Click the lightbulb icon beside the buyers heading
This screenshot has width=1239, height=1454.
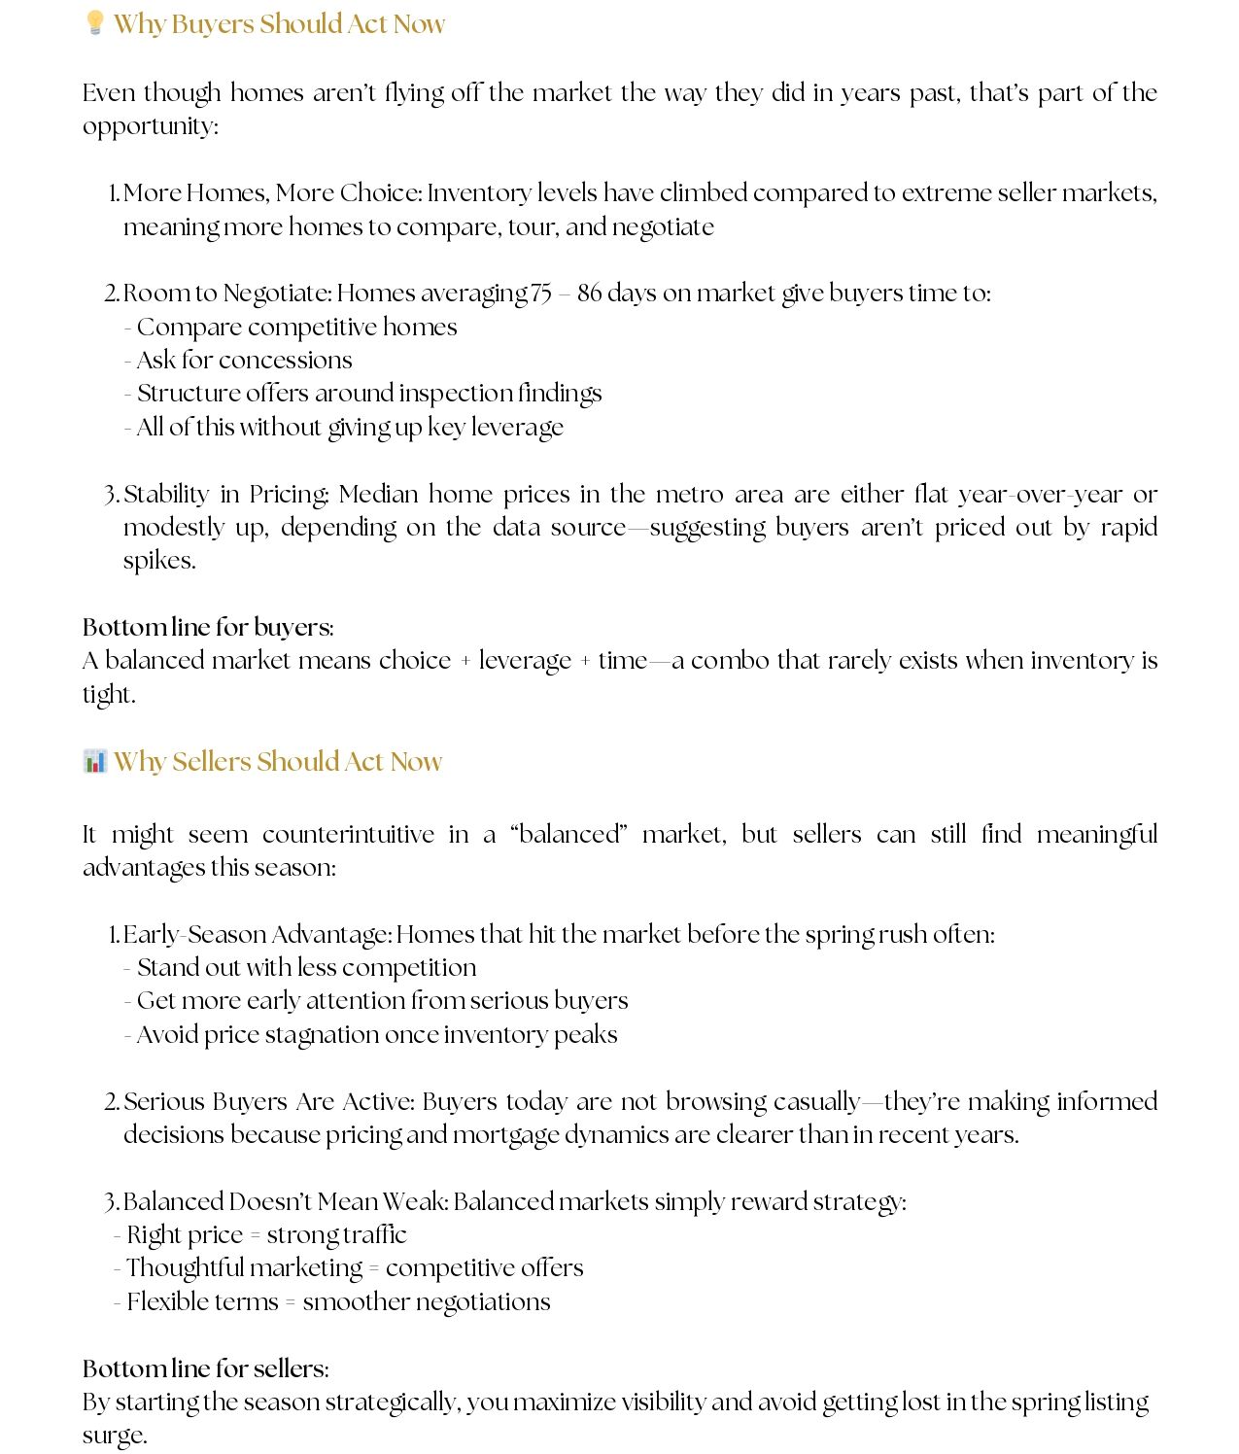(x=94, y=22)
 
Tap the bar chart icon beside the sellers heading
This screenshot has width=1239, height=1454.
(x=94, y=760)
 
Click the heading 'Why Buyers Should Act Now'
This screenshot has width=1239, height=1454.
(x=279, y=23)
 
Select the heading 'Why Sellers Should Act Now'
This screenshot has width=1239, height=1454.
(x=278, y=761)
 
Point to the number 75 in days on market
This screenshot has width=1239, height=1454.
(x=540, y=294)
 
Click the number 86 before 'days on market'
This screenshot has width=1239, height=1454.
(x=590, y=294)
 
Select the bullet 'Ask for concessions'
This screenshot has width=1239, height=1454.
(x=244, y=361)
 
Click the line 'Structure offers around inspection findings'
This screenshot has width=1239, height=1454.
(x=368, y=394)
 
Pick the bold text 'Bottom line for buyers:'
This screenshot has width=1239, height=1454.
(x=208, y=627)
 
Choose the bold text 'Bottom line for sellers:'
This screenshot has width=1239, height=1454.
(x=206, y=1368)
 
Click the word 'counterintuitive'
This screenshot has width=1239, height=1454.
(x=348, y=835)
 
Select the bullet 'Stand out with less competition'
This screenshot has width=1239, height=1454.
(x=306, y=968)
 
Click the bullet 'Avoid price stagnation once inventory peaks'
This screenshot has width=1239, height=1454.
(x=376, y=1035)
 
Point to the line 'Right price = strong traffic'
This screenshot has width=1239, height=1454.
(x=266, y=1235)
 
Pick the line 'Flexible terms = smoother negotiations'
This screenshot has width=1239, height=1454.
(x=338, y=1302)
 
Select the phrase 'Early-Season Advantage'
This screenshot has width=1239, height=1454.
(x=257, y=935)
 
